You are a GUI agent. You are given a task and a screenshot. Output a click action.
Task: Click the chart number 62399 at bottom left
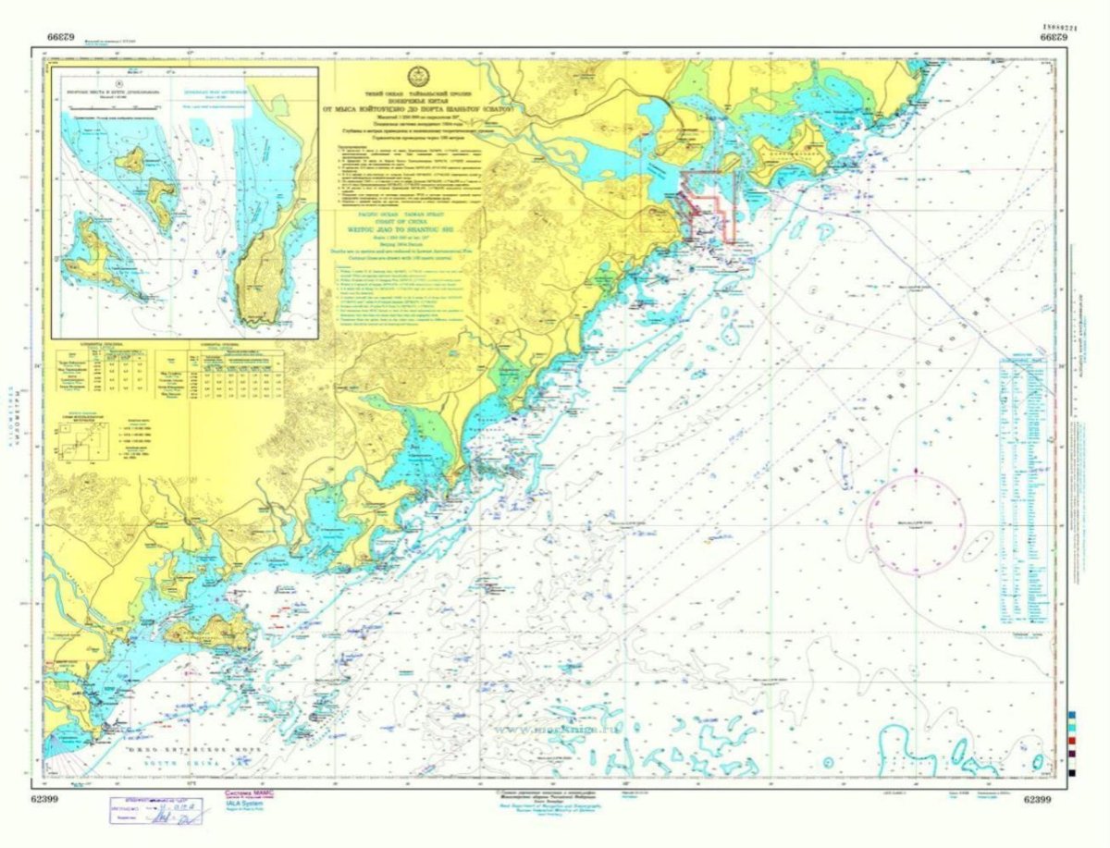coord(45,797)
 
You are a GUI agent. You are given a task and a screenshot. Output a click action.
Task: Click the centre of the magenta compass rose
coord(916,523)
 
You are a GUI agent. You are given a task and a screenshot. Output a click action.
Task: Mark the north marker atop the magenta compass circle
coord(916,473)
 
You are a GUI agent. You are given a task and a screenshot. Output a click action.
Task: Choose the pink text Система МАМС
coord(248,793)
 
